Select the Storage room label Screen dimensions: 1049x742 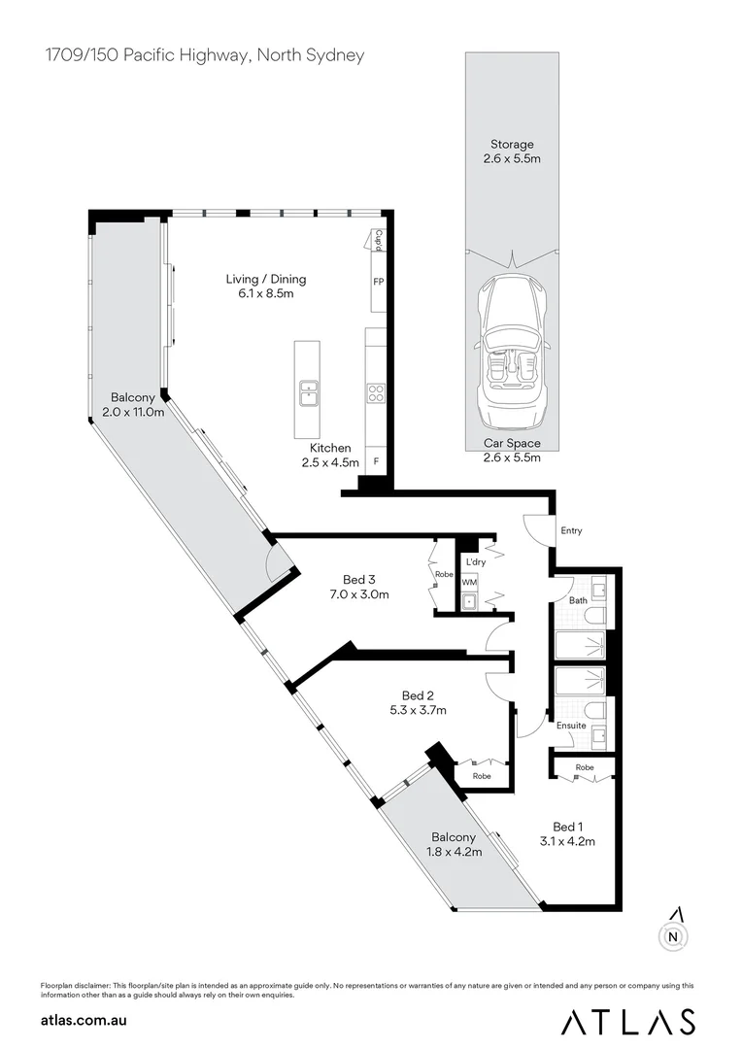click(512, 145)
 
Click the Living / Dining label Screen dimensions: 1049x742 click(253, 279)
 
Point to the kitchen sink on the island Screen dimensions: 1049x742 click(310, 392)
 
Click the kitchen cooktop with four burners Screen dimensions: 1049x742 click(376, 393)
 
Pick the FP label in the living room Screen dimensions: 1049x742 click(378, 281)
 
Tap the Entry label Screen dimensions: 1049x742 click(571, 531)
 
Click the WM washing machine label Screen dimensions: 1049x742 click(469, 583)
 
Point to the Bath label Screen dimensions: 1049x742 click(578, 600)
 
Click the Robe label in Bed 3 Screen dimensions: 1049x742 click(444, 574)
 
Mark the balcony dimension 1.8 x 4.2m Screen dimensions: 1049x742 click(454, 851)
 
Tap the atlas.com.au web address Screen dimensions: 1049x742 click(84, 1020)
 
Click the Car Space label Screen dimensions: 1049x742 click(512, 444)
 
